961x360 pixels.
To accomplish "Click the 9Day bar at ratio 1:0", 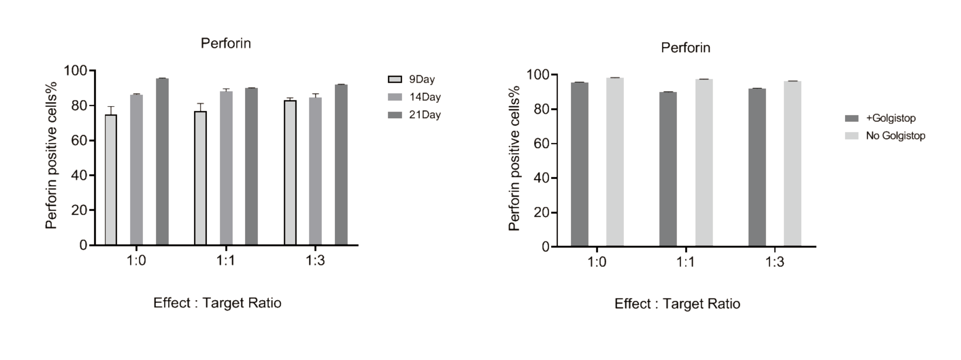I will click(111, 180).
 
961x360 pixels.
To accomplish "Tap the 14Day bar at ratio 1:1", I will click(226, 168).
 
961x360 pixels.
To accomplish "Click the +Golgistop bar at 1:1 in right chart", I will click(668, 169).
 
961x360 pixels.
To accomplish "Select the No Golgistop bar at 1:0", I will click(615, 162).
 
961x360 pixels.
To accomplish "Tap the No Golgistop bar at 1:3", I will click(793, 164).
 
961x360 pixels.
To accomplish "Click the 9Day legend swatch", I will click(395, 79).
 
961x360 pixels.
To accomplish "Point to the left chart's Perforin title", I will click(226, 43).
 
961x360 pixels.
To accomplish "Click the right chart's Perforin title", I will click(685, 48).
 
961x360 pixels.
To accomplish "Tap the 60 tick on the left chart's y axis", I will click(79, 140).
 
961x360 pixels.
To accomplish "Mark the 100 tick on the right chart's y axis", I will click(538, 74).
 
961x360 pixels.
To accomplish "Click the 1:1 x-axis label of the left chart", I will click(226, 261).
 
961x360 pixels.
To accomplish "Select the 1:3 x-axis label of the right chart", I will click(774, 262).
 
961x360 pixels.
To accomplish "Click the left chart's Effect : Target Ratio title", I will click(217, 303).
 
